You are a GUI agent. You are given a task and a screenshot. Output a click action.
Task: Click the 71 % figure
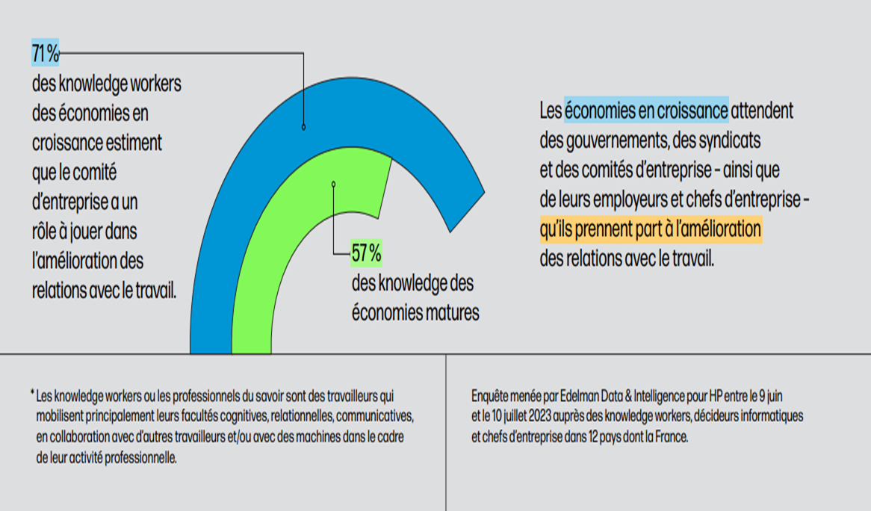(x=45, y=54)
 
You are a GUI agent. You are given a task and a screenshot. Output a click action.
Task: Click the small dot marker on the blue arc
(x=303, y=127)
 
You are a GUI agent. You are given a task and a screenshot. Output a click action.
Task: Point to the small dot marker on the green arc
(x=333, y=184)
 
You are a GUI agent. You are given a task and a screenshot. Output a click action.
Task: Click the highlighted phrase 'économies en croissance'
(x=646, y=111)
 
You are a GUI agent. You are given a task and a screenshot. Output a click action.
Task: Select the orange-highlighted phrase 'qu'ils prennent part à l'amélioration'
(x=650, y=229)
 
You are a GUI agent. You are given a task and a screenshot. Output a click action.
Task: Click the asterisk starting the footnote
(x=32, y=392)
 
